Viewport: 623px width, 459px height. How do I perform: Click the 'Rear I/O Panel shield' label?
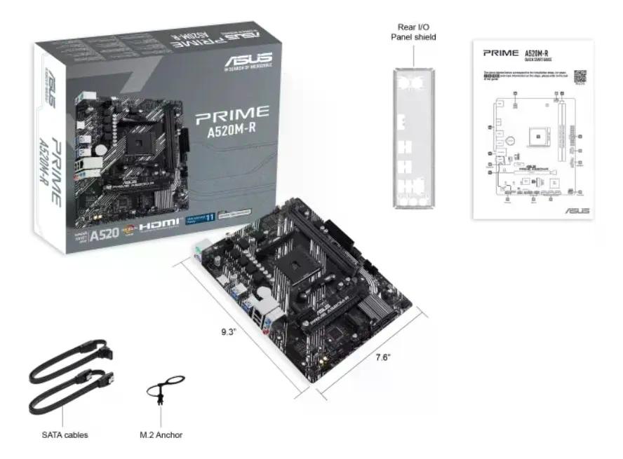click(x=413, y=32)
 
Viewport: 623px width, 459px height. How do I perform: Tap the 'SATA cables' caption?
click(x=65, y=435)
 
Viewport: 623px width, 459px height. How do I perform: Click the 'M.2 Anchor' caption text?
click(x=161, y=435)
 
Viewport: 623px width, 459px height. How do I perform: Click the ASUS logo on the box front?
click(x=248, y=56)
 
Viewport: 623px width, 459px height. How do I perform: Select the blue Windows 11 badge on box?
click(x=198, y=219)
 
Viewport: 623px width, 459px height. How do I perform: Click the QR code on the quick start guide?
click(x=580, y=76)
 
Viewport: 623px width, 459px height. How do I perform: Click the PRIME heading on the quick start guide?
click(x=500, y=53)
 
